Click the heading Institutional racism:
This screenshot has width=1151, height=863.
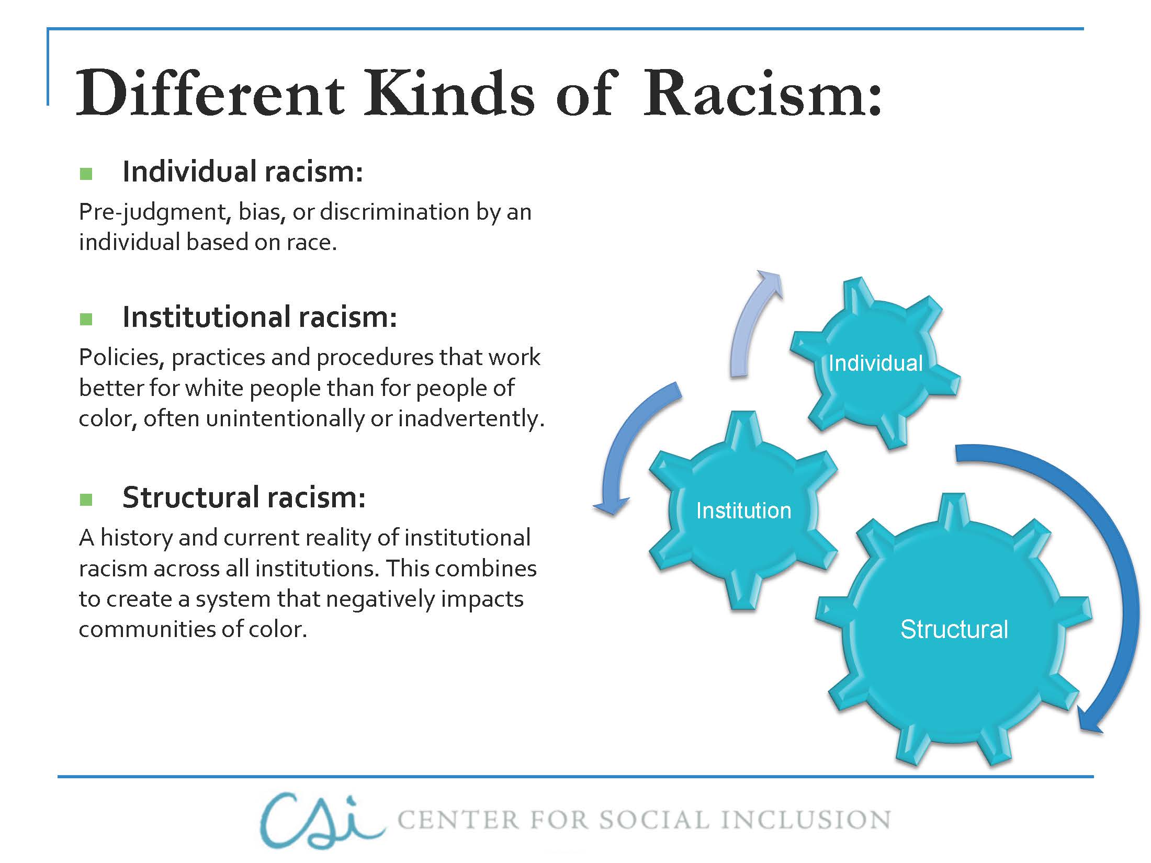259,317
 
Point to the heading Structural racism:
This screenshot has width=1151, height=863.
244,497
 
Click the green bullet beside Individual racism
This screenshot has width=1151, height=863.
86,174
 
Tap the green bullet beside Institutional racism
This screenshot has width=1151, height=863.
86,319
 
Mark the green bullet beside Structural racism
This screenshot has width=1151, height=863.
86,499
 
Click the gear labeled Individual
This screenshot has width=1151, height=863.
875,363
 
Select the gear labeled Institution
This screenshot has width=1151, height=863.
743,510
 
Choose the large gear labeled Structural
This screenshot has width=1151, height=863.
953,629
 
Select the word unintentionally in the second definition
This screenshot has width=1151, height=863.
285,418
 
